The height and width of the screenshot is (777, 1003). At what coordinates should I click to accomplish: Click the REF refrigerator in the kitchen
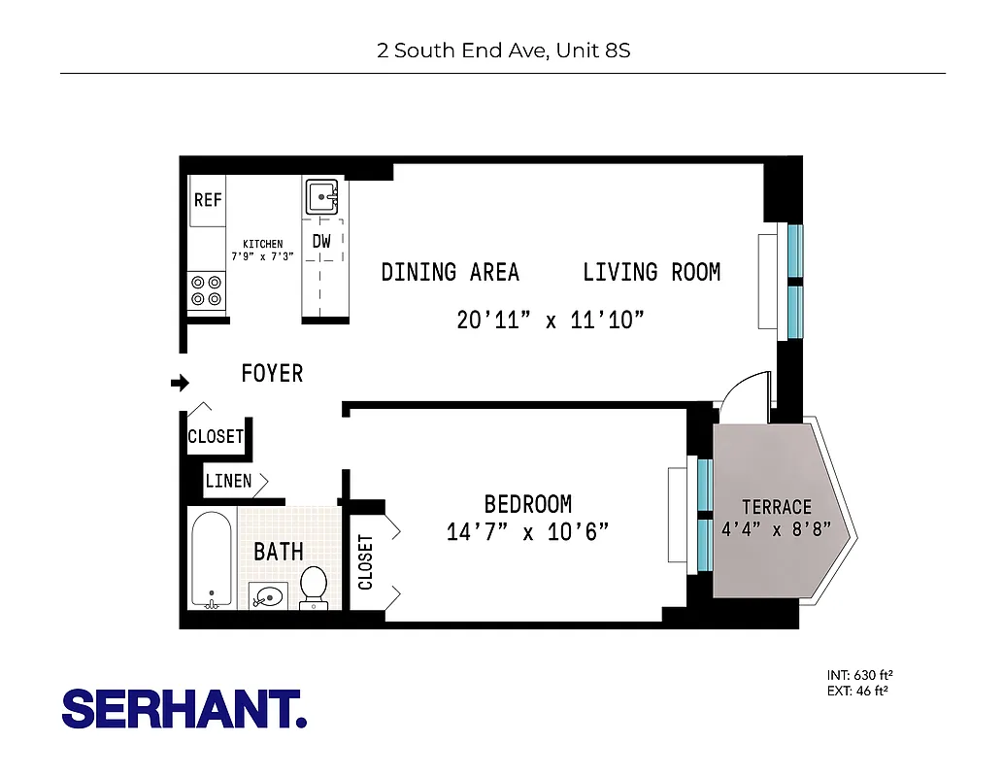pos(208,200)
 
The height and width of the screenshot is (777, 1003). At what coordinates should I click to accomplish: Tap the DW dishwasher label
pos(321,241)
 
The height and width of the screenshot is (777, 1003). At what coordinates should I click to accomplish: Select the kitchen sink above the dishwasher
pos(321,197)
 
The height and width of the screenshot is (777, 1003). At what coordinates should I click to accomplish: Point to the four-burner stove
pos(206,290)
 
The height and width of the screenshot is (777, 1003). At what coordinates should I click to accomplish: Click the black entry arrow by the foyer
pos(180,384)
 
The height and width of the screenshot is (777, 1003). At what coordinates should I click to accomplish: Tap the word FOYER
pos(272,373)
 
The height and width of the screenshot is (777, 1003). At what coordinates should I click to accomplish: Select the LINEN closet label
pos(228,481)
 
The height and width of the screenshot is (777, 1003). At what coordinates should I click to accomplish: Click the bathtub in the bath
pos(211,559)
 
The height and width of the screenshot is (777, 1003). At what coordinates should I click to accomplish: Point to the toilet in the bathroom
pos(314,587)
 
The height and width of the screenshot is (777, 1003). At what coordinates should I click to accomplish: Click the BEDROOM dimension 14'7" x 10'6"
pos(527,532)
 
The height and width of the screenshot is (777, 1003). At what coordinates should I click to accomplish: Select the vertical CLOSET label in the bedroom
pos(366,562)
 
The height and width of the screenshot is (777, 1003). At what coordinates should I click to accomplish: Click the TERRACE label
pos(776,507)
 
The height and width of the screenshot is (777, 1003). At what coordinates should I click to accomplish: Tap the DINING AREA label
pos(450,272)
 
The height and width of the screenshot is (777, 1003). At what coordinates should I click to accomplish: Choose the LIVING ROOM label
pos(652,272)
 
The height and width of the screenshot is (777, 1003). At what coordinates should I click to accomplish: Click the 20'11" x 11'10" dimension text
pos(551,320)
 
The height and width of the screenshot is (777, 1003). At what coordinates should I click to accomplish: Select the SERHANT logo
pos(184,710)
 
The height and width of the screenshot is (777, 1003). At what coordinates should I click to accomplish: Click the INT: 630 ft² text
pos(859,675)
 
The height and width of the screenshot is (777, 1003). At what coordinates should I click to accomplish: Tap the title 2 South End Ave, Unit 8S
pos(503,50)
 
